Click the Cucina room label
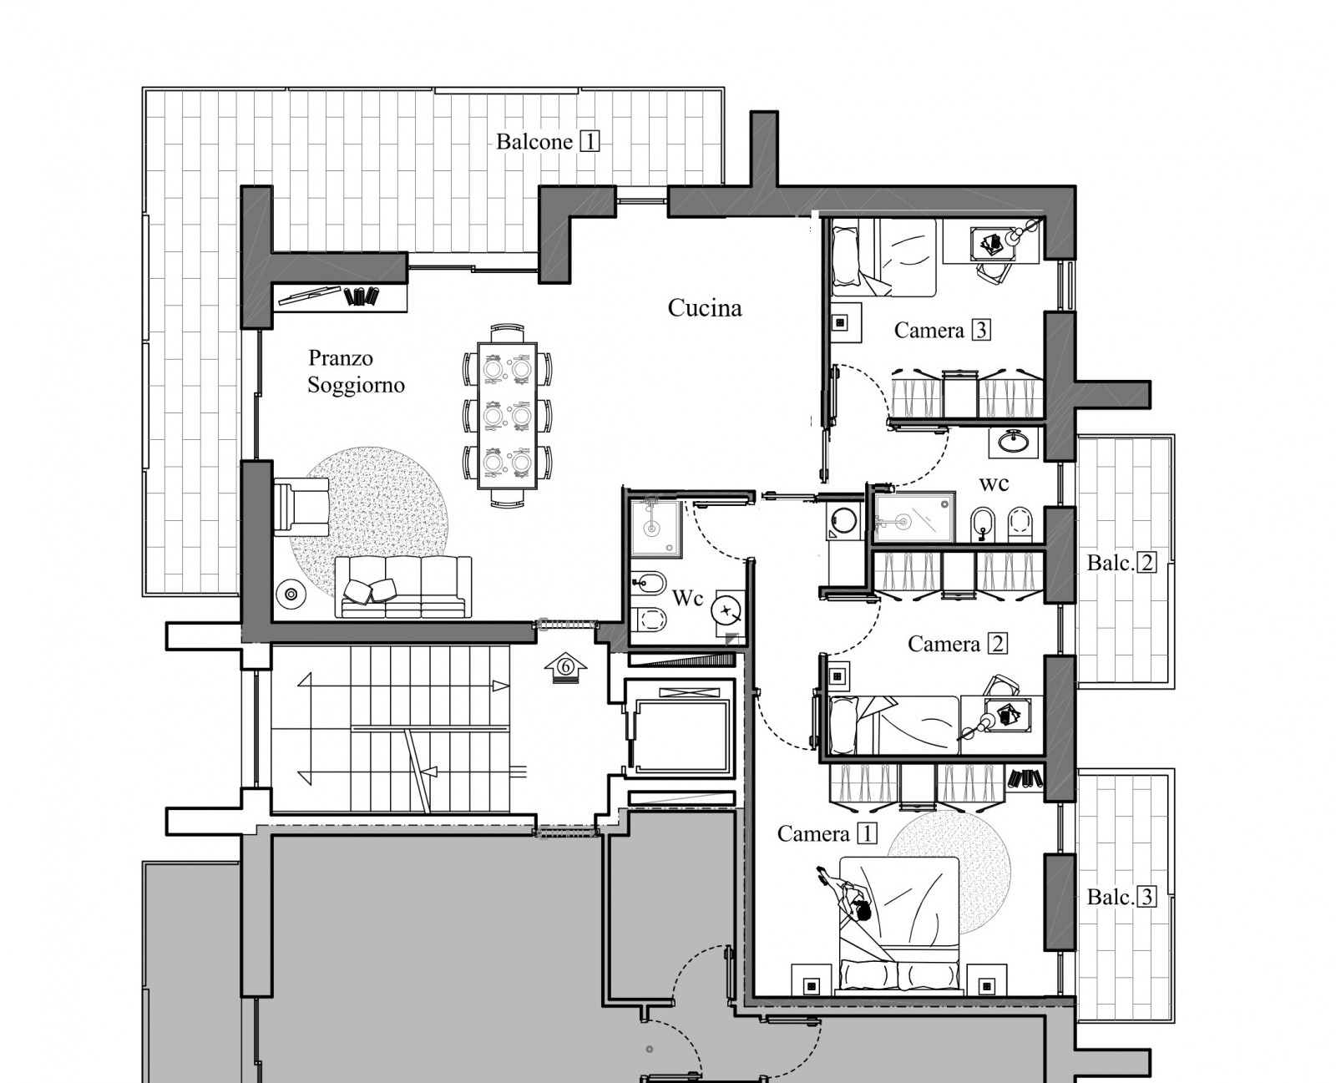click(705, 308)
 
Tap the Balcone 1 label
click(548, 142)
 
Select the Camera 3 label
click(942, 330)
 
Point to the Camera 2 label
click(957, 644)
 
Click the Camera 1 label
click(827, 833)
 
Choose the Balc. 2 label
click(1121, 563)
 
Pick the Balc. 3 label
click(1121, 898)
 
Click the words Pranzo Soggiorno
click(356, 372)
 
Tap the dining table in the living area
click(508, 416)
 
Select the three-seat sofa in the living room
click(403, 587)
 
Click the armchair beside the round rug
click(301, 507)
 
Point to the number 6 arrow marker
click(566, 667)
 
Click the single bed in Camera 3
click(883, 257)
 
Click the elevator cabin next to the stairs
click(681, 729)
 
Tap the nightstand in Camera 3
click(846, 322)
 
